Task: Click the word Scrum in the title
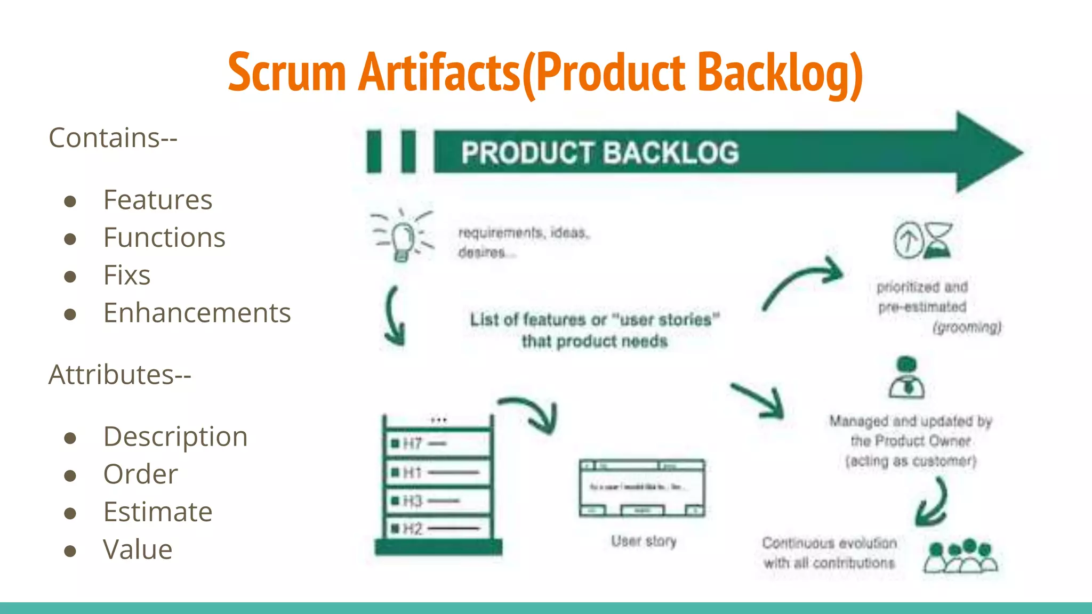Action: [x=287, y=72]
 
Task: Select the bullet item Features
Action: [x=158, y=200]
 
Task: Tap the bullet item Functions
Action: [x=164, y=238]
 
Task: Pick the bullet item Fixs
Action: [x=127, y=276]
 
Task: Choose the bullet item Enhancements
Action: [x=197, y=313]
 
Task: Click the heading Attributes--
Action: [x=120, y=375]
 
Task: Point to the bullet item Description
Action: [x=175, y=437]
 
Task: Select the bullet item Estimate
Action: [x=158, y=512]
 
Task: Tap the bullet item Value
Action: [x=138, y=550]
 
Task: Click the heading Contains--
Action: [x=113, y=138]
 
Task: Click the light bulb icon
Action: [x=403, y=237]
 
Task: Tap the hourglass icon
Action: [x=938, y=240]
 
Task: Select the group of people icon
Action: [x=960, y=556]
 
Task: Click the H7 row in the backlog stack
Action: [x=437, y=443]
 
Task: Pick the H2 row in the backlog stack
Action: [x=437, y=529]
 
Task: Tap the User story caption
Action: [x=644, y=541]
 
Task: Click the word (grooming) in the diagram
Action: [x=967, y=327]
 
